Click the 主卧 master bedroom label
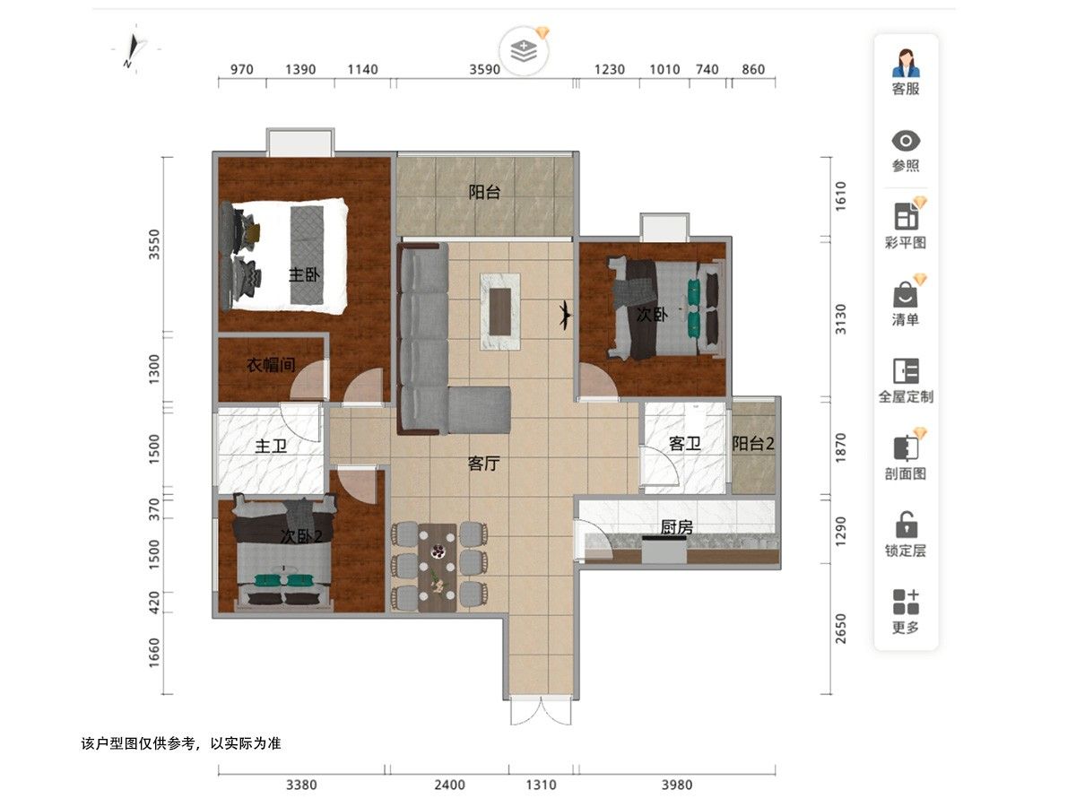[304, 274]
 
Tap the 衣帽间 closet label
[271, 365]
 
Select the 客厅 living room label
[483, 463]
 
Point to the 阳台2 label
[753, 444]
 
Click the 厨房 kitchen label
[676, 527]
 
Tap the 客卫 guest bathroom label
[685, 444]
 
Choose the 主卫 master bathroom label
[271, 446]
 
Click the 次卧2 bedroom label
[301, 536]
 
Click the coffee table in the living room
[500, 312]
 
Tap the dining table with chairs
[438, 568]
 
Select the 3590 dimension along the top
[485, 70]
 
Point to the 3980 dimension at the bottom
[677, 785]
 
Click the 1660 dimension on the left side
[154, 653]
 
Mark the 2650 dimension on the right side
[841, 629]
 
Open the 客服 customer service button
[906, 72]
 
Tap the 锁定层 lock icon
[906, 534]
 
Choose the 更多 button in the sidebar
[906, 611]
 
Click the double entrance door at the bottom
[541, 710]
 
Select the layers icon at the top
[524, 51]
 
